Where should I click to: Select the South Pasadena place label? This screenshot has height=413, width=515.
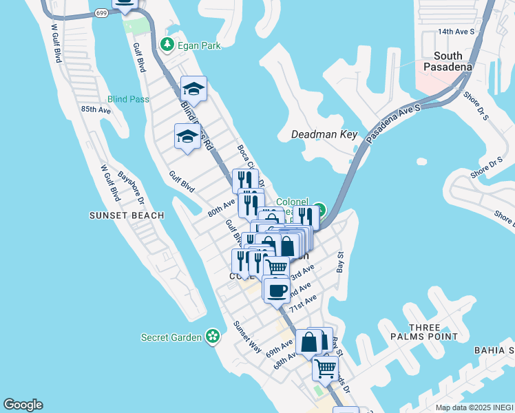pos(453,61)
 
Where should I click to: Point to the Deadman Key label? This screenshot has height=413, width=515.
pos(324,134)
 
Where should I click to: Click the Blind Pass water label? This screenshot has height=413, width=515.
pos(129,99)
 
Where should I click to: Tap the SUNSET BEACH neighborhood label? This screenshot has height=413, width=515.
pos(127,215)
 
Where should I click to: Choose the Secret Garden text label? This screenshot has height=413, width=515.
pos(171,337)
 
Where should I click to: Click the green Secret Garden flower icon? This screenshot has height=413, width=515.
pos(213,337)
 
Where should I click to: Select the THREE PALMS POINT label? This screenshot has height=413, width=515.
pos(433,332)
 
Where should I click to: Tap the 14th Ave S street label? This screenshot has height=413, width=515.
pos(456,32)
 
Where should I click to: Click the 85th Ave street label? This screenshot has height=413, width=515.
pos(96,109)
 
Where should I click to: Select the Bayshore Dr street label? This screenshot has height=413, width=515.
pos(131,188)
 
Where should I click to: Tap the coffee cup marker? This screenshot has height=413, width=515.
pos(276,290)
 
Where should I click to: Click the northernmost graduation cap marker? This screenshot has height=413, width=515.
pos(193,89)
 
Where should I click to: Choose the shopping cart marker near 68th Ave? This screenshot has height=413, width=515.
pos(325,367)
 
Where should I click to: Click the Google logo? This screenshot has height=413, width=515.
pos(23,405)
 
